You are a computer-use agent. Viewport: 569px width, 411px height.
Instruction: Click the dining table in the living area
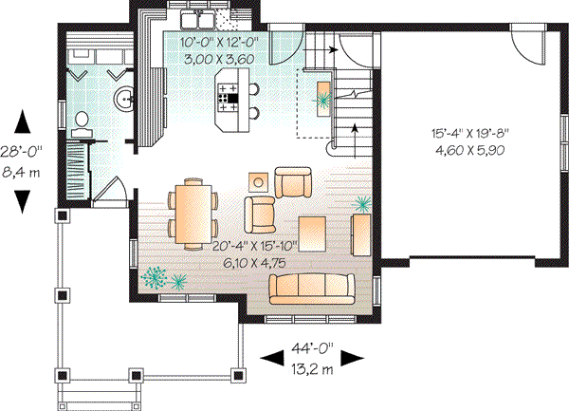click(193, 210)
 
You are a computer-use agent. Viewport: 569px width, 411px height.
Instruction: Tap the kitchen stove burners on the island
click(229, 93)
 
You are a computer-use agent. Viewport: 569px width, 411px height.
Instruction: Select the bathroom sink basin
click(124, 97)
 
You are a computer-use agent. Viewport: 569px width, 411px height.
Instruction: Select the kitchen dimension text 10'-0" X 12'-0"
click(223, 43)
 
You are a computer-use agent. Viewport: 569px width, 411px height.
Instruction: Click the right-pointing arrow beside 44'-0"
click(353, 358)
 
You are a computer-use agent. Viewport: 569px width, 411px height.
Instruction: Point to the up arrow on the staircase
click(355, 128)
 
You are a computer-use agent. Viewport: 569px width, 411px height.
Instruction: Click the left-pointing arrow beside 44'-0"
click(271, 358)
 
